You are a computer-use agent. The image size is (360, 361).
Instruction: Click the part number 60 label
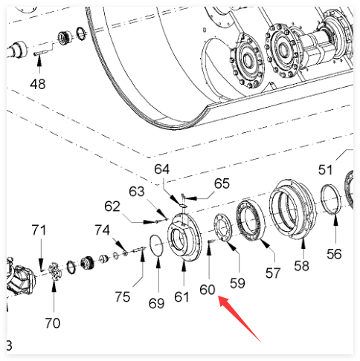[x=208, y=290]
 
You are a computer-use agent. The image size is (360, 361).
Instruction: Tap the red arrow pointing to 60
[x=240, y=319]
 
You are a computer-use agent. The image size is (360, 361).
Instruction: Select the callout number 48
[x=38, y=84]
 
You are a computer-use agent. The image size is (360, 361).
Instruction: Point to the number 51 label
[x=325, y=170]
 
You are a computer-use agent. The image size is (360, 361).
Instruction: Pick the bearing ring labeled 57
[x=250, y=221]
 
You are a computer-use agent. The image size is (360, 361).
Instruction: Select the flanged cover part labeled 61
[x=184, y=237]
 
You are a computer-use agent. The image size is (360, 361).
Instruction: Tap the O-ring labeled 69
[x=156, y=247]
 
